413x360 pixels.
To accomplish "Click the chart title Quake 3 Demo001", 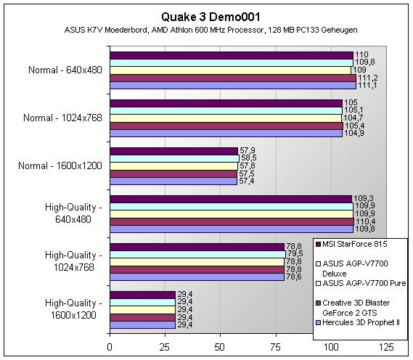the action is [210, 17].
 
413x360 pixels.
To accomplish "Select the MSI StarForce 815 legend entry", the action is [351, 244].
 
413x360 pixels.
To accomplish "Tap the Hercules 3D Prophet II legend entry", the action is [357, 322].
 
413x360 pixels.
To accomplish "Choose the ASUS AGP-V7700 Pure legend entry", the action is [361, 283].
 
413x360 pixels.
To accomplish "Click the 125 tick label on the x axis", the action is [385, 348].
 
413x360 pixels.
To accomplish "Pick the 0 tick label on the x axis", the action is [110, 348].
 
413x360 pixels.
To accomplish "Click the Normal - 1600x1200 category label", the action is [60, 165].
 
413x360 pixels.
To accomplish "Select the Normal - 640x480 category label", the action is [65, 70].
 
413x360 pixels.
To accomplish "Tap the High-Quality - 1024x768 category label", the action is [73, 261].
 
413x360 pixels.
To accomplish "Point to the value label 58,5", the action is [248, 158].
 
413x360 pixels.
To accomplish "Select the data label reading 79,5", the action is [295, 253].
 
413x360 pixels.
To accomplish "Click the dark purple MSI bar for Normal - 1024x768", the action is [226, 103].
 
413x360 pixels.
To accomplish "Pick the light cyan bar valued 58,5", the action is [175, 158].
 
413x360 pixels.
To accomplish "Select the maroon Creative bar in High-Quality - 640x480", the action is [232, 222].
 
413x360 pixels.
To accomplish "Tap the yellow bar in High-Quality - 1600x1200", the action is [142, 310].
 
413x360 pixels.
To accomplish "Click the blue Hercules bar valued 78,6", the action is [197, 277].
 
